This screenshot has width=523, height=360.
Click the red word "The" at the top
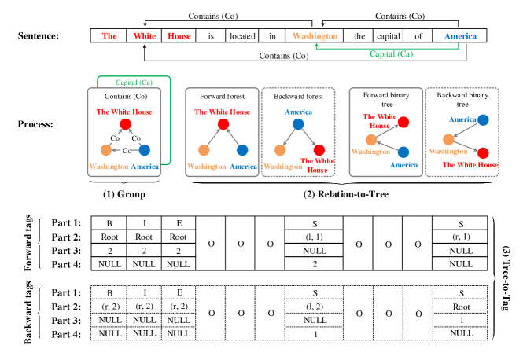109,36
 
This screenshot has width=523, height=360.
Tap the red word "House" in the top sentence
179,36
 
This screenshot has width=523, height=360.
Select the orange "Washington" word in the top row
315,36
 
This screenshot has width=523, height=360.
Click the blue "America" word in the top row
460,36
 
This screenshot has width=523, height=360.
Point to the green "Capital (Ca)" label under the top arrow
391,54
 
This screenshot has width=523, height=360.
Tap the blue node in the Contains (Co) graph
145,150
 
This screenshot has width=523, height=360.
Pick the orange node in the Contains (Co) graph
105,150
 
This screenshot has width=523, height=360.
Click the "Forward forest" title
223,96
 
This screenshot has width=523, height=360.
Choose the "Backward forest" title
298,96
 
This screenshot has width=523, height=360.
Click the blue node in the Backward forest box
298,124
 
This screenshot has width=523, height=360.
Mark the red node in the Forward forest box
223,124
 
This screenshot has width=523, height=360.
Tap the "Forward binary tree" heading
385,99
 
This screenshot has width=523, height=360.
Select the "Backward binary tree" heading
462,99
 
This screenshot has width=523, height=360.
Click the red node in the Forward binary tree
403,122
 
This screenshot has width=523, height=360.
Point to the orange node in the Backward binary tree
448,139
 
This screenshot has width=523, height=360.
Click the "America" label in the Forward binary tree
403,165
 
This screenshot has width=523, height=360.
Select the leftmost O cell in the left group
211,244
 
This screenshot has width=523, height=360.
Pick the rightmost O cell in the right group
417,244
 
